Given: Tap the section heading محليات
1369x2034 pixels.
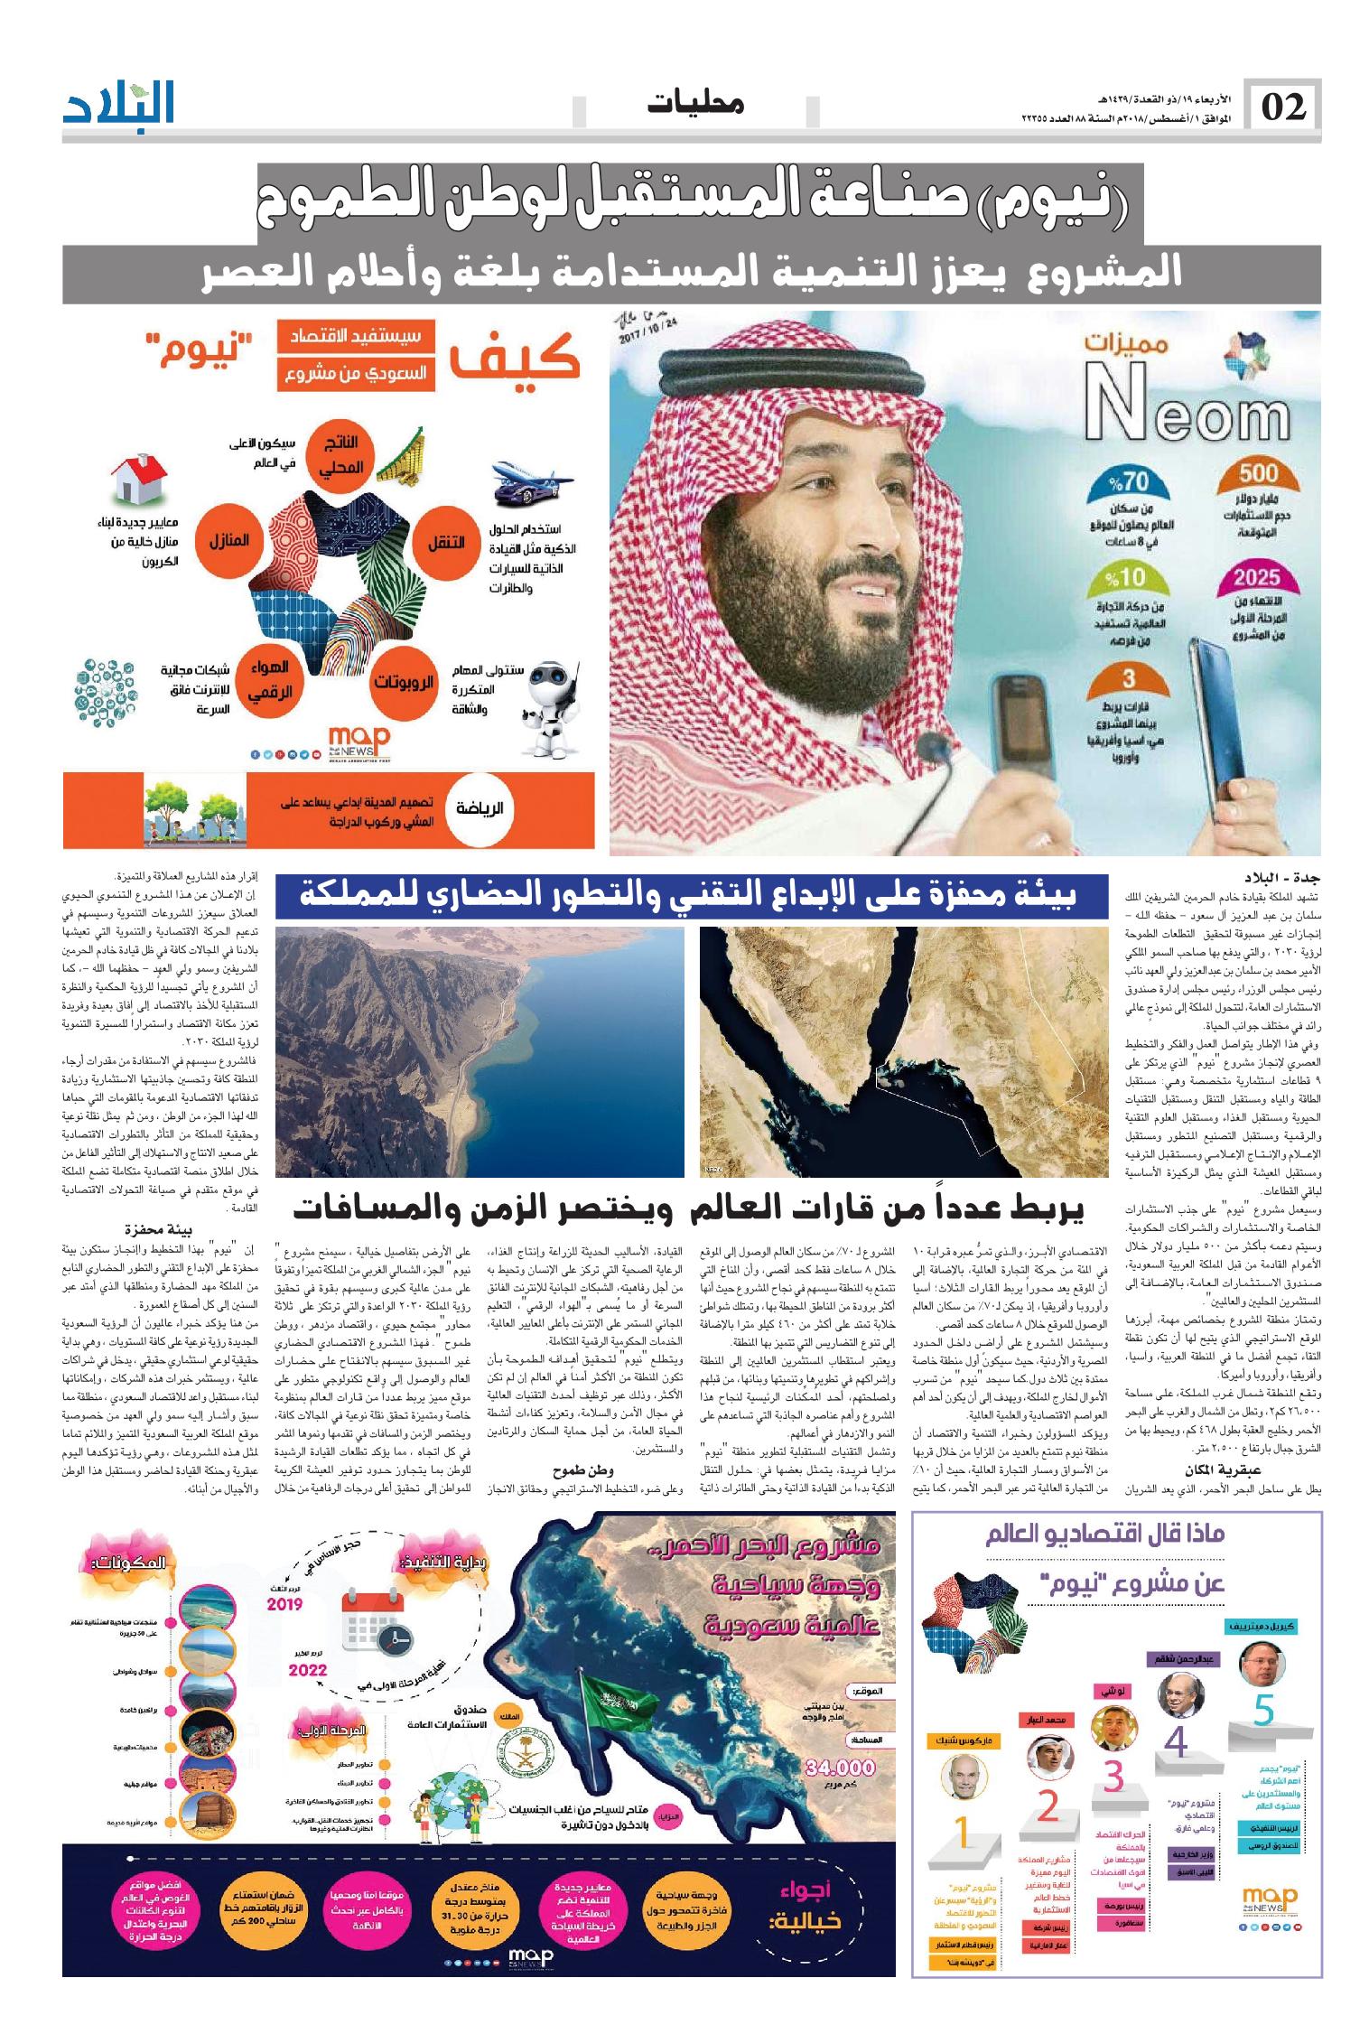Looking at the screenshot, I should click(x=695, y=104).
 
